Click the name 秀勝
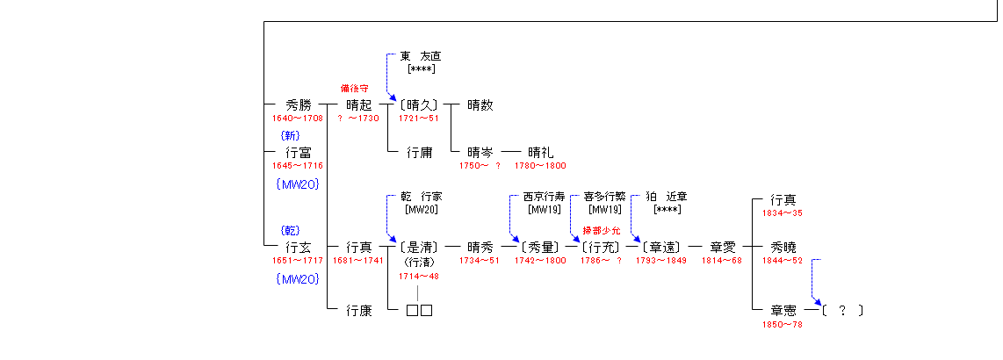pos(298,104)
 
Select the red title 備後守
pos(354,88)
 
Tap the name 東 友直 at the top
pos(421,56)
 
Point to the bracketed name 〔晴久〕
pos(419,104)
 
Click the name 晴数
pos(480,104)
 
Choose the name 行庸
pos(420,152)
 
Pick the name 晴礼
pos(540,152)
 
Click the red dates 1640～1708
pos(298,119)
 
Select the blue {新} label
pos(291,135)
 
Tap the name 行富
pos(298,152)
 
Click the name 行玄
pos(298,247)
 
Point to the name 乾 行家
pos(421,197)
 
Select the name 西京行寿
pos(544,197)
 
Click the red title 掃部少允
pos(601,230)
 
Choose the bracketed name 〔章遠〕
pos(661,247)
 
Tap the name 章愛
pos(722,247)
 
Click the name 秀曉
pos(783,247)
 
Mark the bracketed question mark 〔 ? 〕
pos(842,311)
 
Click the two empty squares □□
pos(420,311)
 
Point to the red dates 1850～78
pos(782,324)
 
